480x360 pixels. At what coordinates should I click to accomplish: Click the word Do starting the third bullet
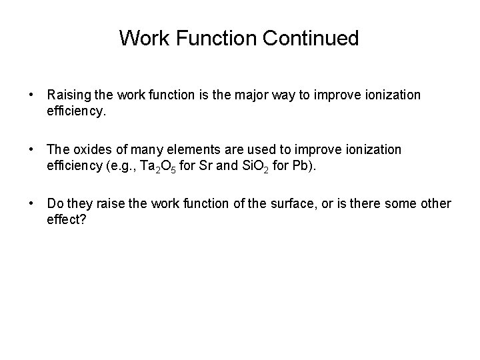(55, 203)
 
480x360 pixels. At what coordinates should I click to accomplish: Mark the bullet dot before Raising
(32, 95)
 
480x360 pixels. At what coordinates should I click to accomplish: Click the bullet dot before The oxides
(32, 149)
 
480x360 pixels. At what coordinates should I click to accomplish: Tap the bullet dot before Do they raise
(32, 203)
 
